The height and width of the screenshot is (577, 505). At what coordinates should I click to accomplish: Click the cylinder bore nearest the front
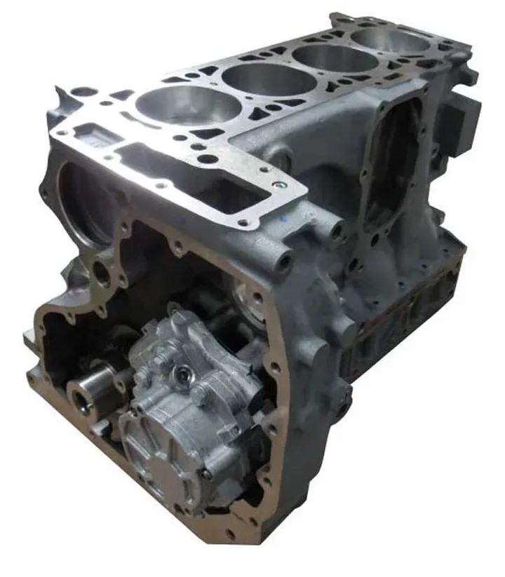pos(188,106)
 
